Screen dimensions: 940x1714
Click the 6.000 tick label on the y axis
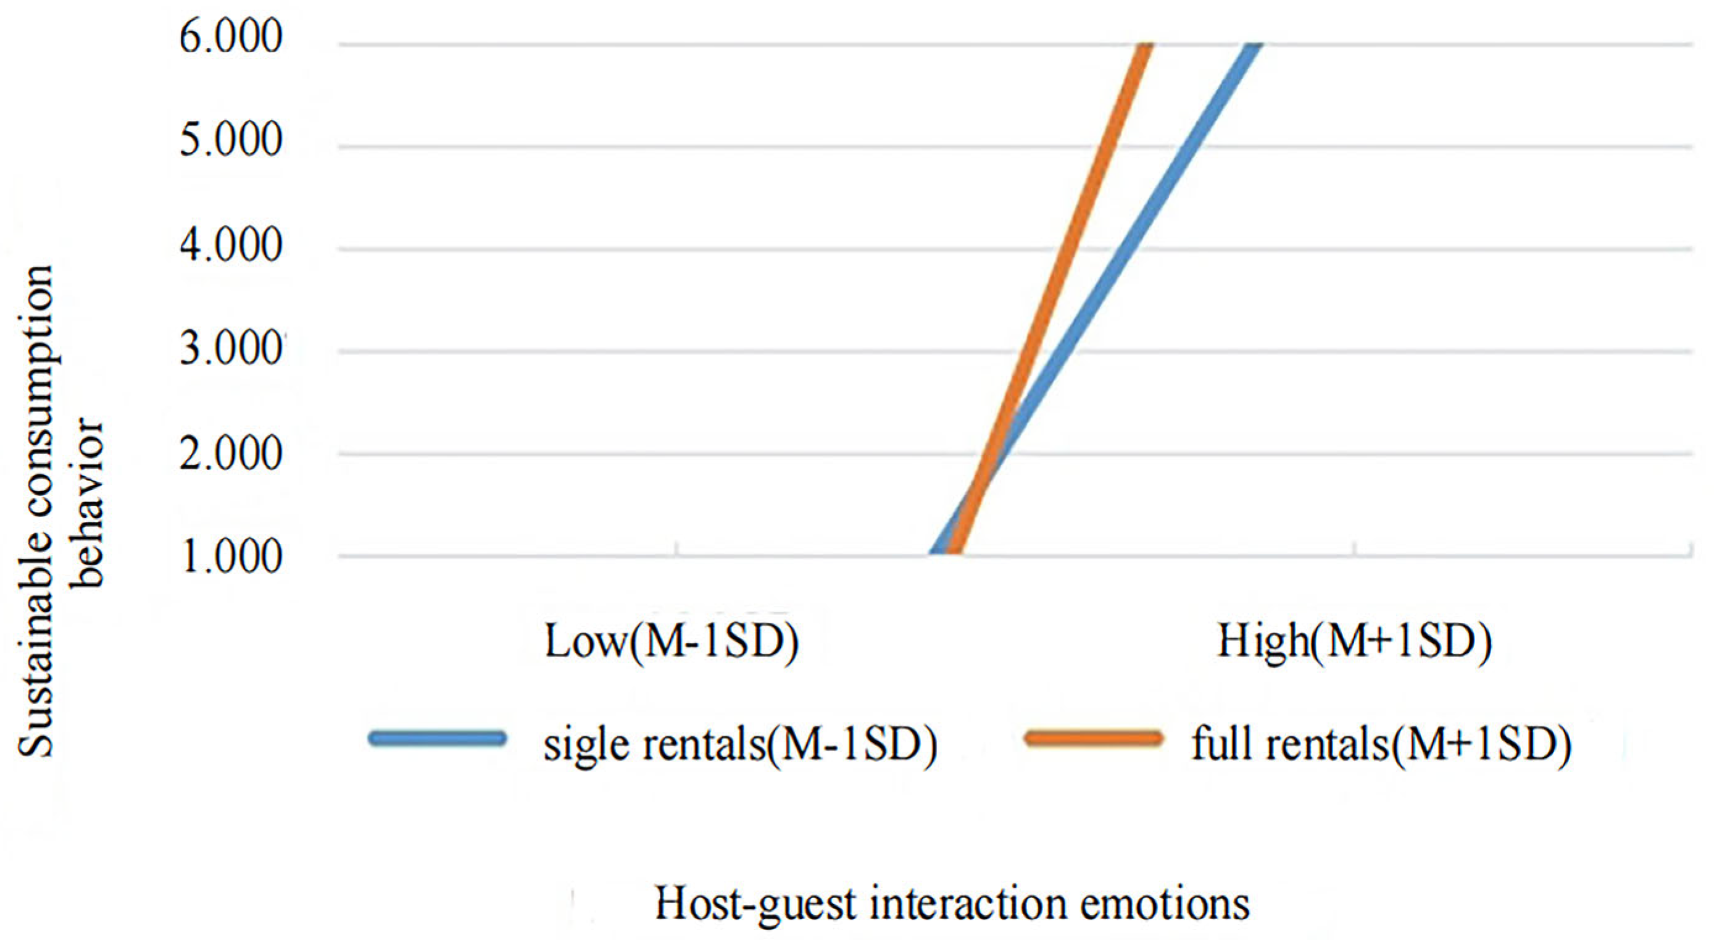pos(231,36)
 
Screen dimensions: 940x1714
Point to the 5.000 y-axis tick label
pos(231,140)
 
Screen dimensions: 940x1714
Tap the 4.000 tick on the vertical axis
pos(231,246)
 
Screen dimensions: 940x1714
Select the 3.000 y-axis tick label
pos(231,349)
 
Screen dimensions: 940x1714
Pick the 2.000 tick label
pos(231,455)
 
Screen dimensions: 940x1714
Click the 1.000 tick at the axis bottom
pos(231,557)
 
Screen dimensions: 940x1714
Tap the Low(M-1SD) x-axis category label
pos(671,641)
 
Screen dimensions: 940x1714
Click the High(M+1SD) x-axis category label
pos(1354,641)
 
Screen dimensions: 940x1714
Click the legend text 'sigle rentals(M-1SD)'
pos(740,745)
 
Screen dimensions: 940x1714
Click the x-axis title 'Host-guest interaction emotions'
pos(952,904)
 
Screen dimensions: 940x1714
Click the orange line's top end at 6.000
pos(1144,46)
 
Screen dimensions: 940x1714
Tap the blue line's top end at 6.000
pos(1254,46)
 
